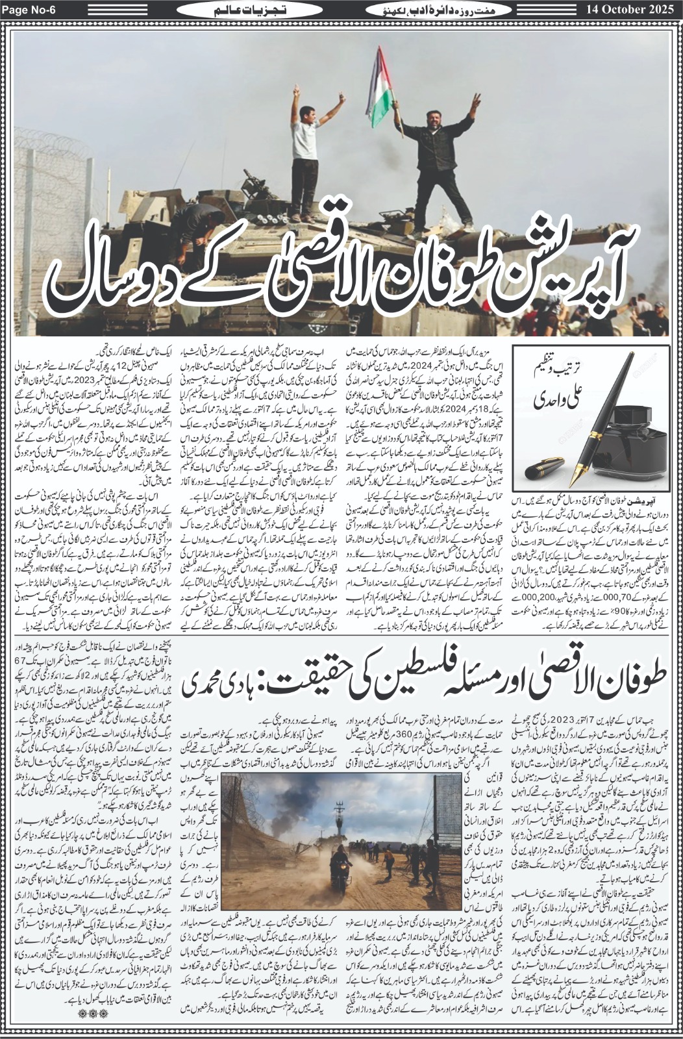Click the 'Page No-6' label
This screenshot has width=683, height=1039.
tap(30, 10)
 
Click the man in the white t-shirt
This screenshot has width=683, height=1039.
tap(308, 143)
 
